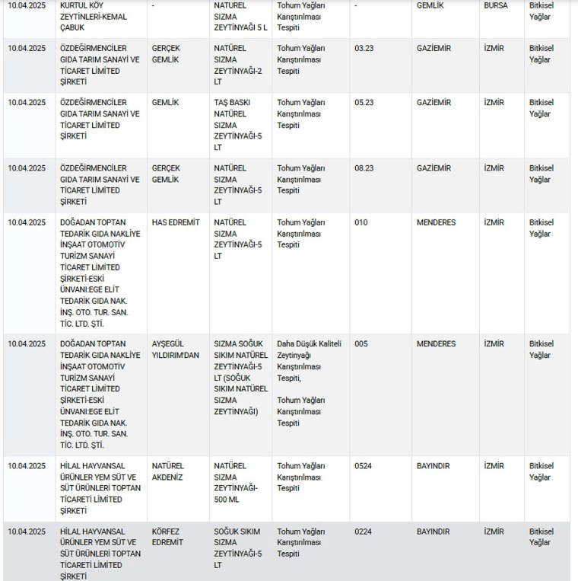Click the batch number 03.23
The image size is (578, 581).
pyautogui.click(x=364, y=48)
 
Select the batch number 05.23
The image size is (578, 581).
pyautogui.click(x=364, y=102)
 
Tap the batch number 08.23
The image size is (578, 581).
pyautogui.click(x=364, y=168)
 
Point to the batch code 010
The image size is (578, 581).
pyautogui.click(x=360, y=222)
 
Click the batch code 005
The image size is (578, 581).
pyautogui.click(x=360, y=343)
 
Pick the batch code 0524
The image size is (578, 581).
pyautogui.click(x=363, y=466)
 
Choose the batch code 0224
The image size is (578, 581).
pyautogui.click(x=363, y=532)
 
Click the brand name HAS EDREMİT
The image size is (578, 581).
pyautogui.click(x=176, y=222)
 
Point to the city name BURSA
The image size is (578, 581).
pyautogui.click(x=496, y=5)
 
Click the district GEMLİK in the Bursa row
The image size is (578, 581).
pyautogui.click(x=430, y=5)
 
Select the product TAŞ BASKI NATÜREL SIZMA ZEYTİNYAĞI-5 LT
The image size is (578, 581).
pyautogui.click(x=233, y=125)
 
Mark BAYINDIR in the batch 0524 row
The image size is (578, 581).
pyautogui.click(x=433, y=466)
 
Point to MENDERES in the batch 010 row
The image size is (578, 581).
pyautogui.click(x=436, y=222)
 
